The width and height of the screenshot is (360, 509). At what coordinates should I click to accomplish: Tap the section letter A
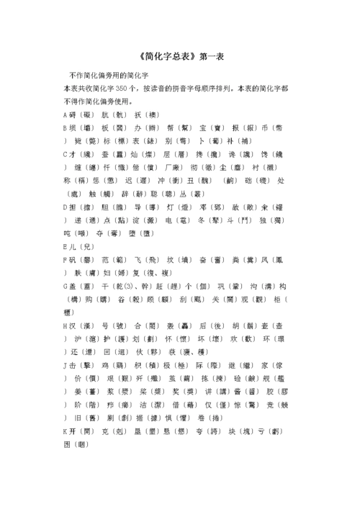[66, 115]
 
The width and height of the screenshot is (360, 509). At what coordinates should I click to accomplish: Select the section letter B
[66, 128]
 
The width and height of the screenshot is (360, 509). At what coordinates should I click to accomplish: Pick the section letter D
[66, 207]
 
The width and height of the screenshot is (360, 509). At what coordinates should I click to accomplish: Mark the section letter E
[66, 246]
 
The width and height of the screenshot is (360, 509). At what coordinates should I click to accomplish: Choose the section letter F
[66, 259]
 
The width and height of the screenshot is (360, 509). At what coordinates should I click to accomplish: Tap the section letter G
[66, 286]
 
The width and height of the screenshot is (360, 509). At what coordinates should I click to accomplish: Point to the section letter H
[66, 325]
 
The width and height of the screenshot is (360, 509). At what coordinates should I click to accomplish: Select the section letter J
[66, 365]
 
